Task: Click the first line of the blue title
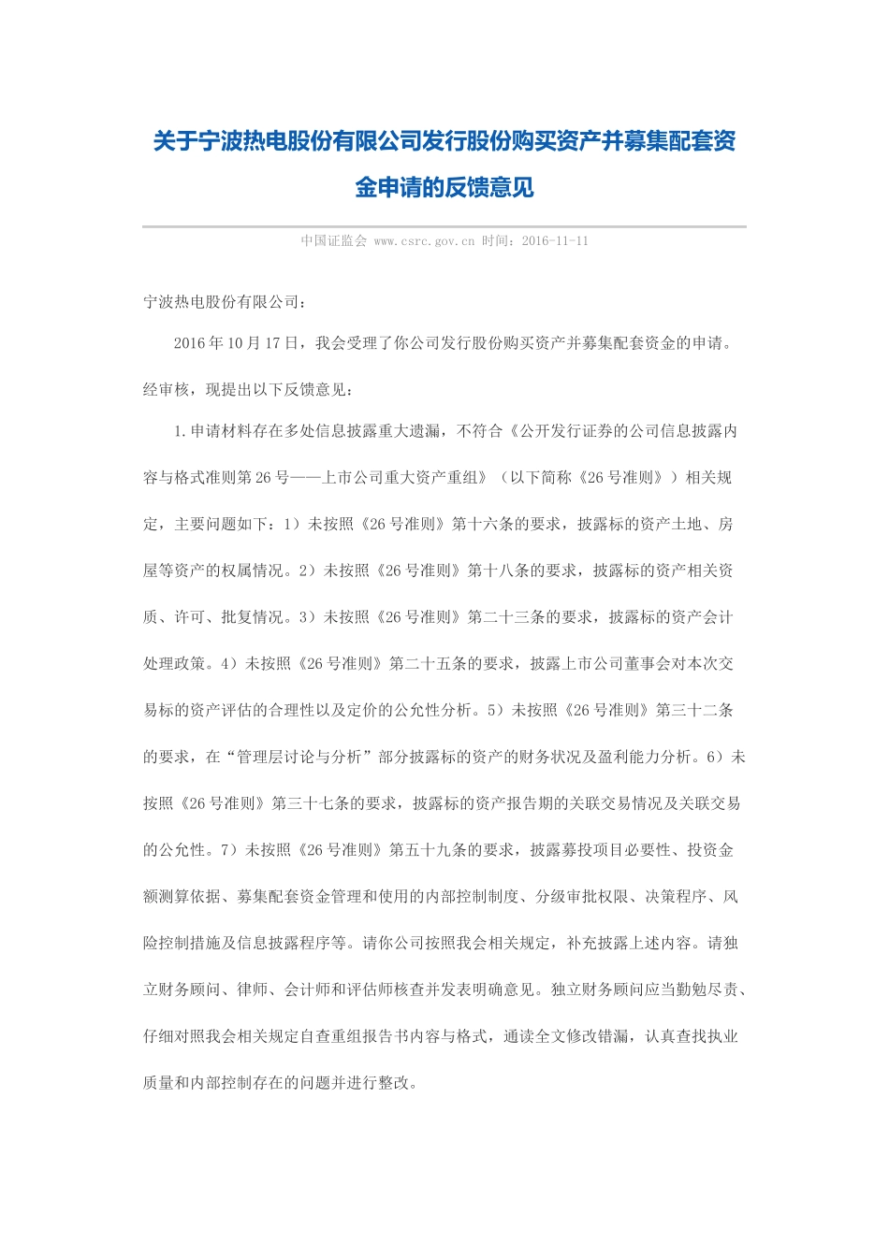point(444,141)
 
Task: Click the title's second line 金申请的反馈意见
point(444,187)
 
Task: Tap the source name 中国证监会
point(333,241)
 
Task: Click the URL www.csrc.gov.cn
point(424,241)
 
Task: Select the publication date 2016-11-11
point(555,241)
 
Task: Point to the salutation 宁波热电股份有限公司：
point(224,302)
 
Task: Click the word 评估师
point(372,990)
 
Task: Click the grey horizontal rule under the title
point(444,226)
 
